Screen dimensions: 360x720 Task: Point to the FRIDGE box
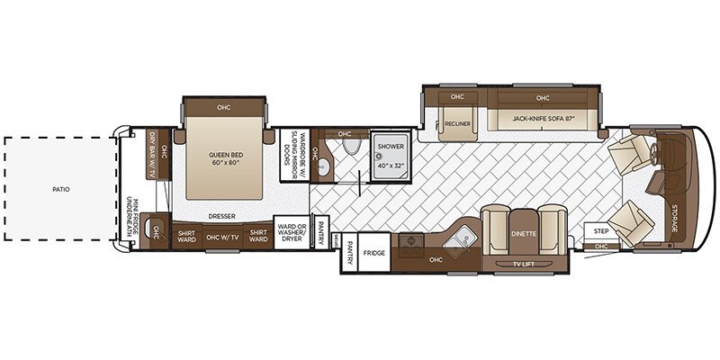[375, 254]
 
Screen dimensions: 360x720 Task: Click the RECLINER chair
[456, 125]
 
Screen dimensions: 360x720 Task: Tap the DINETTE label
[524, 233]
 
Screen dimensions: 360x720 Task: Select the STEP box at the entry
[601, 231]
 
